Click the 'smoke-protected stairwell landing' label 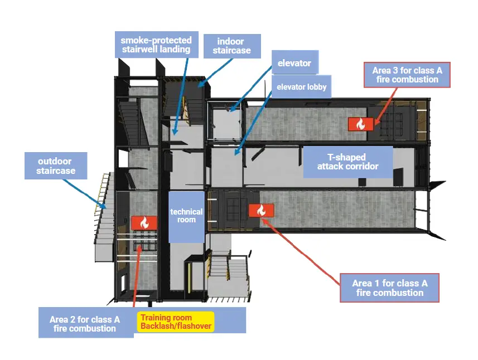tap(156, 45)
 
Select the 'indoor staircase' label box tap(231, 46)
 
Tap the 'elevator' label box tap(294, 63)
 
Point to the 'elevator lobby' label tap(302, 87)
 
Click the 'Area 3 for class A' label tap(407, 75)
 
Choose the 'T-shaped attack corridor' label tap(347, 162)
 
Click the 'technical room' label tap(186, 216)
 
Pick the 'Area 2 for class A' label tap(85, 323)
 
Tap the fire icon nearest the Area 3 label tap(360, 124)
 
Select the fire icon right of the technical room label tap(261, 210)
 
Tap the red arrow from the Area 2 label tap(136, 273)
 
